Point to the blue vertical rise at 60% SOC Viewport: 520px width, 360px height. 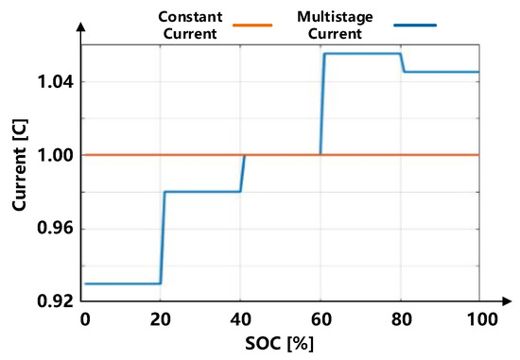(x=323, y=104)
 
